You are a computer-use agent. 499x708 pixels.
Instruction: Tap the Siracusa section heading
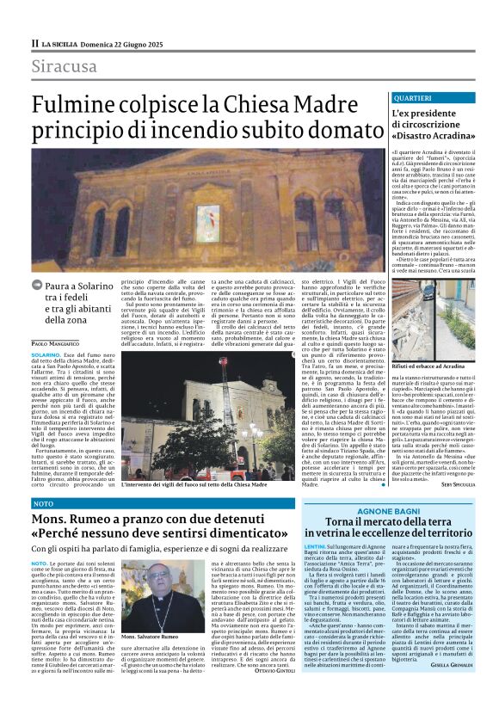point(65,67)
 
